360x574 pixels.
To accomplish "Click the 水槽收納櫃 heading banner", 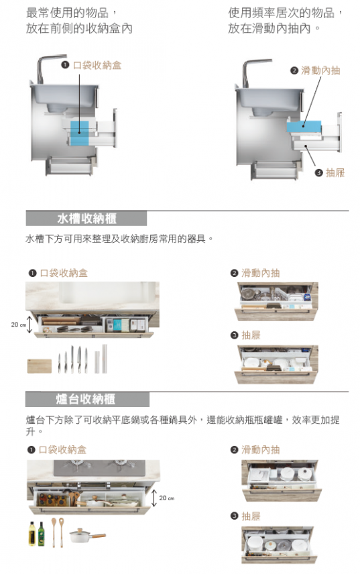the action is point(86,219).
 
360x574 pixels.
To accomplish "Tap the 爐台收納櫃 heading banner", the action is point(87,400).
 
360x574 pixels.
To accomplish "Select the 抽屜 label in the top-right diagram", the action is point(335,172).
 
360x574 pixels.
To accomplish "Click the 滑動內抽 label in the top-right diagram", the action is point(320,70).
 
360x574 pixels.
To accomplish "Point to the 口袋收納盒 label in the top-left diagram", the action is point(97,65).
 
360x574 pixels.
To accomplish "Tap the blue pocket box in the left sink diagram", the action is point(79,133).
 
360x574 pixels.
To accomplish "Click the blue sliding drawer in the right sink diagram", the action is point(304,126).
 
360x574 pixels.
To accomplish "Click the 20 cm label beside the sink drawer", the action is point(18,325).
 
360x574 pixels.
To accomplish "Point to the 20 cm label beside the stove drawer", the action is point(167,498).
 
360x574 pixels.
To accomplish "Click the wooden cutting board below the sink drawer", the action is point(40,366).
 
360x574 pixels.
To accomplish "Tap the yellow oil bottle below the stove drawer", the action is point(32,534).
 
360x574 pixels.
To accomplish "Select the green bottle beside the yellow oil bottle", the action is point(42,534).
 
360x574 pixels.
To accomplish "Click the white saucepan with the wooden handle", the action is point(87,535).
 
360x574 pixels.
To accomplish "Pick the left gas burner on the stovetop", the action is point(77,464).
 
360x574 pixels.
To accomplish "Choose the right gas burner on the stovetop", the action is point(121,464).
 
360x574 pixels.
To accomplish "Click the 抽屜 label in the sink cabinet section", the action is point(251,335).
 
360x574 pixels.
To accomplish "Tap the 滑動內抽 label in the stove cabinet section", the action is point(261,449).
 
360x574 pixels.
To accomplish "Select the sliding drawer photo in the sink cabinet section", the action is point(276,302).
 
